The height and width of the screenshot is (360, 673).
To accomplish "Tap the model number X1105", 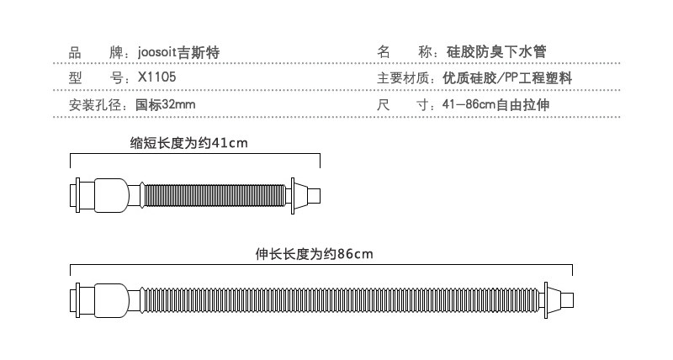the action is tap(157, 79).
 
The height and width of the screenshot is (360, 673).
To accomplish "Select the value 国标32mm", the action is tap(166, 106).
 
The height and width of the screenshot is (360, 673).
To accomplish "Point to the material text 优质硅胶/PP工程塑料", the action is tap(507, 79).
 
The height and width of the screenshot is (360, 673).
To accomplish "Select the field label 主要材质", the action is tap(405, 79).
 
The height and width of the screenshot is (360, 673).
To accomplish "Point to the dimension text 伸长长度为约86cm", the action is tap(314, 252).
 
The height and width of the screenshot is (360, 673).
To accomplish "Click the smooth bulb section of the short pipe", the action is tap(113, 195).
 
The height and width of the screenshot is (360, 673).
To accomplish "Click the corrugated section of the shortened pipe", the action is tap(215, 195).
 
